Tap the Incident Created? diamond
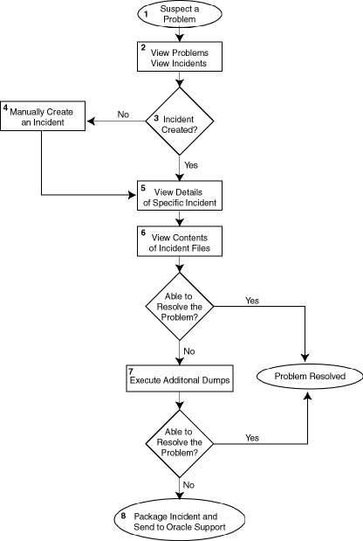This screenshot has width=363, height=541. tap(180, 122)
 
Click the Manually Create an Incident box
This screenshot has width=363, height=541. tap(42, 116)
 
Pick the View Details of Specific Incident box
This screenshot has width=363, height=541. tap(180, 196)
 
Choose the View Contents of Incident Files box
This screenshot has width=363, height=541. tap(180, 242)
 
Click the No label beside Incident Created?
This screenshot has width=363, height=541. tap(123, 114)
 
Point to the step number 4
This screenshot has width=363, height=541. tap(5, 108)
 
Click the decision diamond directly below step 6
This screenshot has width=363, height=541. tap(180, 306)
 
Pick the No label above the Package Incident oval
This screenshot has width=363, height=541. tap(188, 483)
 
